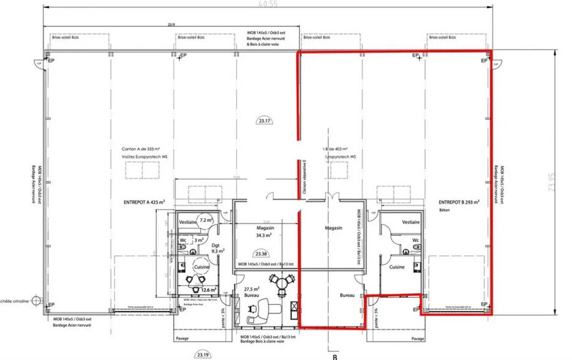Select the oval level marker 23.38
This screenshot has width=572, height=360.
point(261,253)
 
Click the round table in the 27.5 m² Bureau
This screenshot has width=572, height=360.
point(282,283)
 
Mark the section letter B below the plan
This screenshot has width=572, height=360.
point(335,355)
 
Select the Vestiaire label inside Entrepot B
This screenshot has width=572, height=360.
point(410,222)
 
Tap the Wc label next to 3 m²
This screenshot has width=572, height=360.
point(183,241)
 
